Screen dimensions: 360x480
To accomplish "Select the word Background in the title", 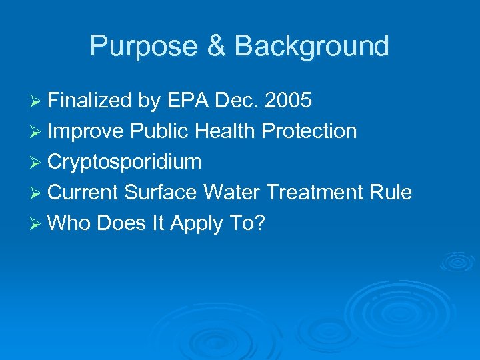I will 312,47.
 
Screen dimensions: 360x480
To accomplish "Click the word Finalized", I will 91,101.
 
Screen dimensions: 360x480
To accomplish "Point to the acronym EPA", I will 189,101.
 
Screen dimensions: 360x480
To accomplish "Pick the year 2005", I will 288,101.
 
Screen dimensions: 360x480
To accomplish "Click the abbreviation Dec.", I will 238,101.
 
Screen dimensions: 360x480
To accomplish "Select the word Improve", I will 86,131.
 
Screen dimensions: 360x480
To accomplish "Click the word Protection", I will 309,131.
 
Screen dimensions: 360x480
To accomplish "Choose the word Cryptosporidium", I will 125,162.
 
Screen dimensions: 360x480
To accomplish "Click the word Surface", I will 161,193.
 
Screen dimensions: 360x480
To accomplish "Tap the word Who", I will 70,223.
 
